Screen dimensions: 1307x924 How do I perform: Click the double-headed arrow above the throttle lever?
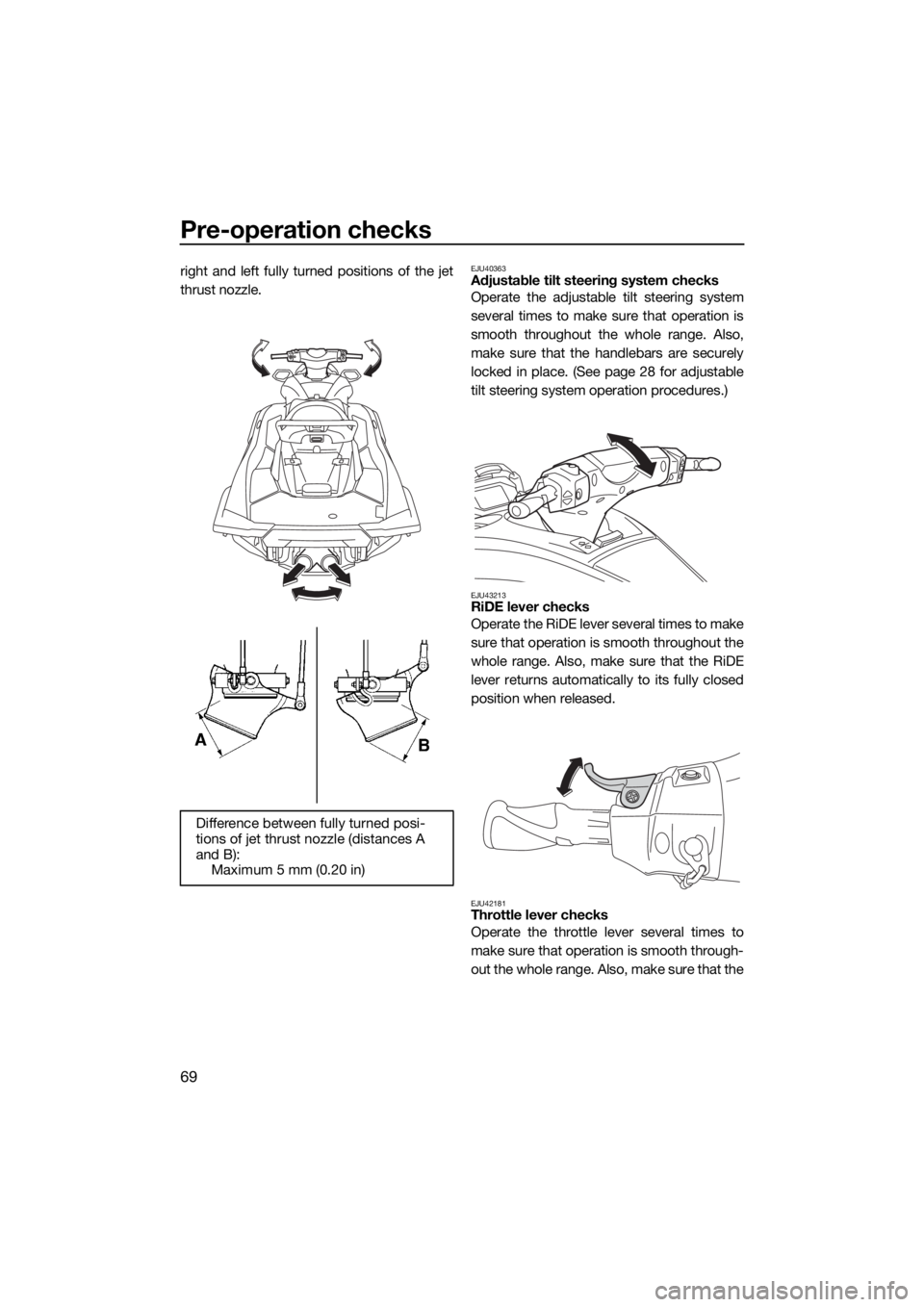click(x=570, y=775)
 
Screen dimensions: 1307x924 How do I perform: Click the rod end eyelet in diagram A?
click(x=301, y=706)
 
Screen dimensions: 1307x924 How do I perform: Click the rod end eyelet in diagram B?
click(x=421, y=665)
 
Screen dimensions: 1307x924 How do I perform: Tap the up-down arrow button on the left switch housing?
click(x=571, y=497)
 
